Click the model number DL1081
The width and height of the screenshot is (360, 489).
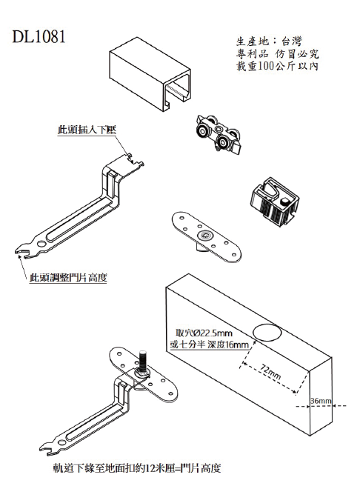tap(39, 36)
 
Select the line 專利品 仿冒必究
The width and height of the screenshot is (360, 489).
tap(273, 54)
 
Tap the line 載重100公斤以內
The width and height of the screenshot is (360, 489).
tap(273, 67)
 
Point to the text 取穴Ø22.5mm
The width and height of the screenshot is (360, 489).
tap(202, 333)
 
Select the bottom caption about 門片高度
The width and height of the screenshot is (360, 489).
tap(137, 468)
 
